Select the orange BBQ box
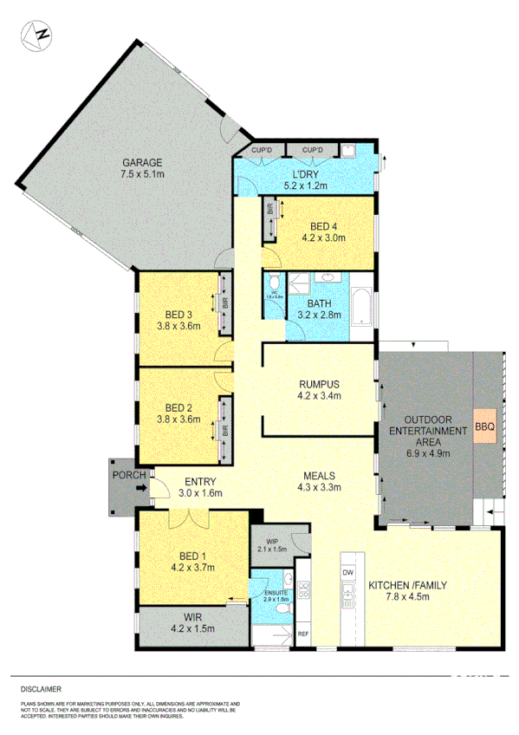[483, 426]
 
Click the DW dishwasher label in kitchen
[348, 573]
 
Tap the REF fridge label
[302, 634]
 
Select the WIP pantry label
[270, 541]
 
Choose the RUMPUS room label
[320, 384]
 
